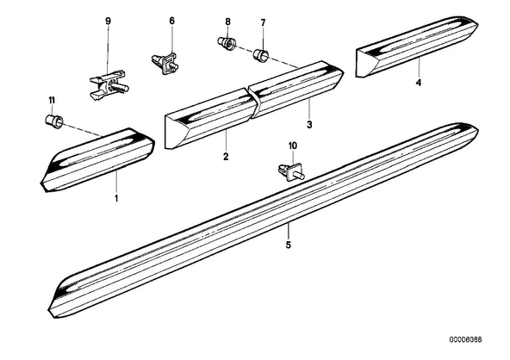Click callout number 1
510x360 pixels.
click(x=116, y=198)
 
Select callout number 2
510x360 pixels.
click(x=226, y=157)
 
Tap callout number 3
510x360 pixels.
click(x=309, y=125)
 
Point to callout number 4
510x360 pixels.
click(x=419, y=83)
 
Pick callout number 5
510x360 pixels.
click(x=289, y=245)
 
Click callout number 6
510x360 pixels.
click(x=171, y=21)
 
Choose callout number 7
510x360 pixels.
click(x=263, y=22)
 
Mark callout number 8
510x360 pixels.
click(x=227, y=22)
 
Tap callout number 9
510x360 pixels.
click(x=108, y=22)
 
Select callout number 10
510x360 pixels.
click(x=293, y=146)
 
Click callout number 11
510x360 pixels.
click(x=52, y=101)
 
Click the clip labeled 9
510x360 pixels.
click(x=109, y=84)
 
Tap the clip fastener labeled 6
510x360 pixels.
click(x=165, y=63)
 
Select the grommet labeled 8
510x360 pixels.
click(x=227, y=44)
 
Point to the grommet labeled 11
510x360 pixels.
click(x=54, y=121)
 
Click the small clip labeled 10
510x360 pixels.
click(x=291, y=173)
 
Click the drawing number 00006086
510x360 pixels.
click(x=466, y=340)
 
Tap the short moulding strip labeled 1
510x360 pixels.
click(x=97, y=159)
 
